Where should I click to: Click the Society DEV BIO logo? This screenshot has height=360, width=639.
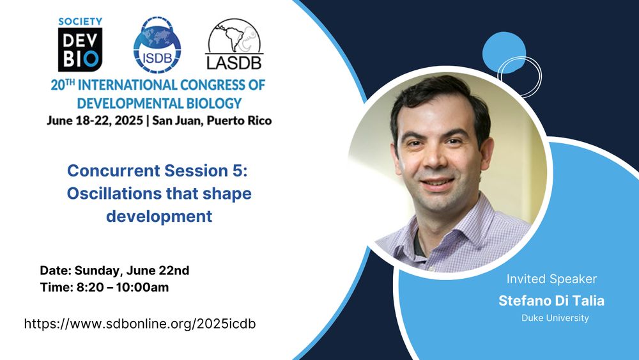point(81,44)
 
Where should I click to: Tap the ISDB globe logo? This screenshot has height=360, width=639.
point(157,45)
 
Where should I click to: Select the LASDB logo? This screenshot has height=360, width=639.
point(234,44)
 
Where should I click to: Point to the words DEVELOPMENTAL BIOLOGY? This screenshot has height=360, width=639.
point(159,103)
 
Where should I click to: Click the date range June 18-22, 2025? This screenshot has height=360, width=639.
point(95,121)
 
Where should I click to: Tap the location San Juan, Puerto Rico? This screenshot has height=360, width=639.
point(212,121)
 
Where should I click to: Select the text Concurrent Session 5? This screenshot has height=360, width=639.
point(157,171)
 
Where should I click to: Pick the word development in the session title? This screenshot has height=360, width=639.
point(159,217)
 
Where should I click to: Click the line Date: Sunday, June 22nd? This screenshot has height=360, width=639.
point(114,270)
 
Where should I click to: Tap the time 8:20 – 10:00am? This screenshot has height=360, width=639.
point(123,288)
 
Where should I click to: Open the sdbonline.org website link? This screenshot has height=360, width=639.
point(140,324)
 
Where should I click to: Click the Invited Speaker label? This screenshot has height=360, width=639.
point(551,279)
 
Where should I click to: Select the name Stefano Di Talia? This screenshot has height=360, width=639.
point(551,301)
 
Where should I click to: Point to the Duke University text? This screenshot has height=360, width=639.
point(555,318)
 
